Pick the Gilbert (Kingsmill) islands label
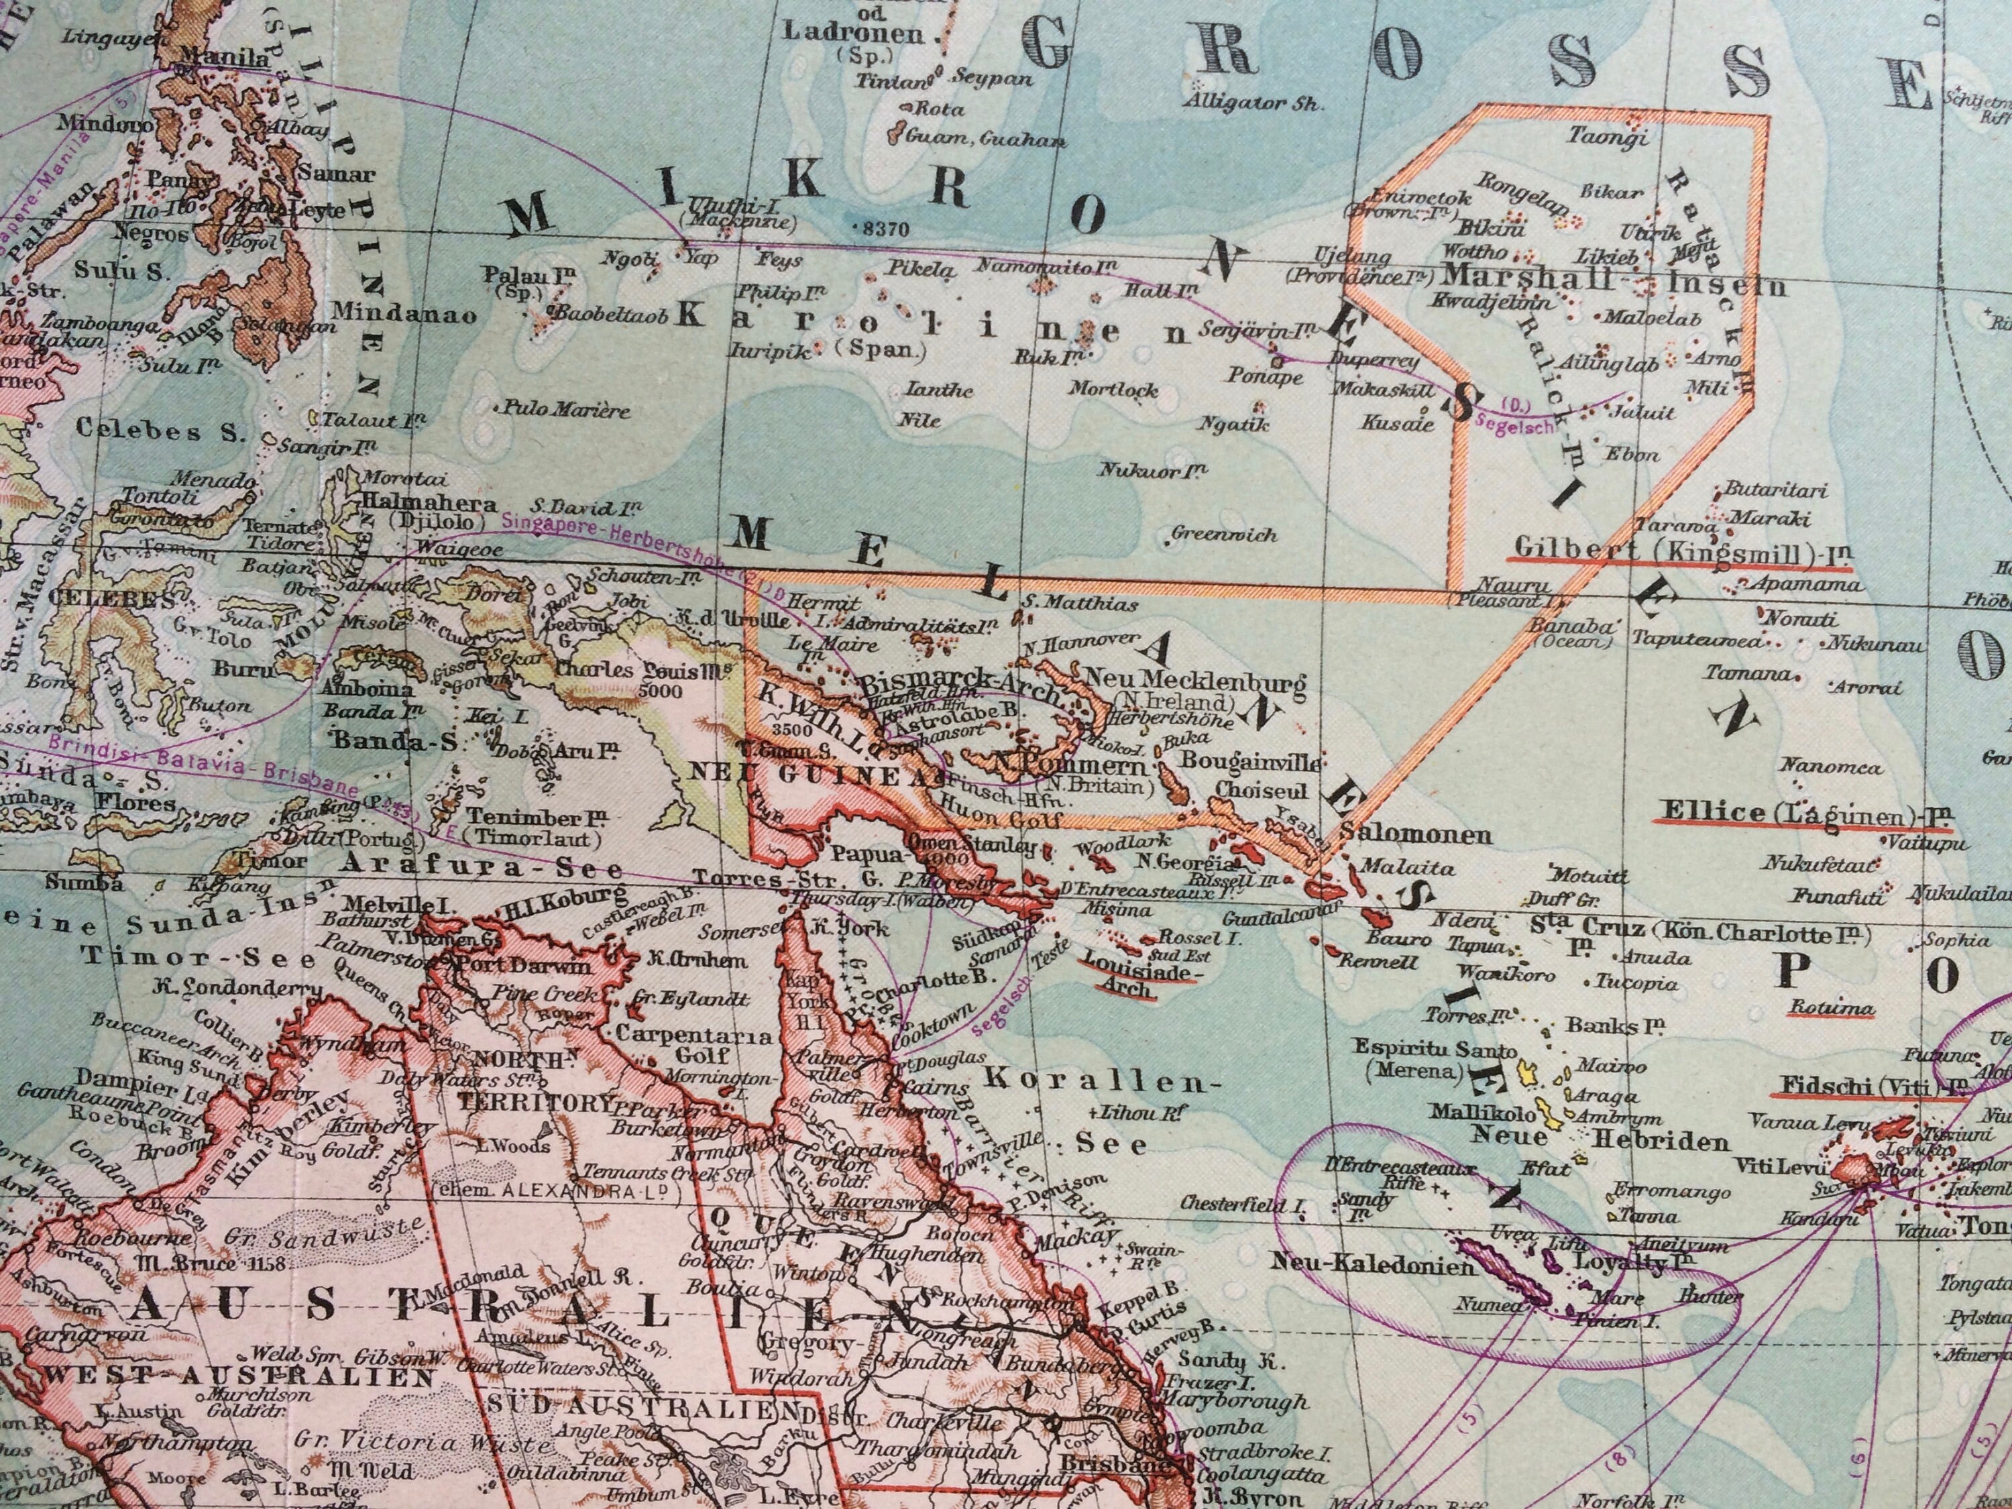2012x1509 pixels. tap(1678, 551)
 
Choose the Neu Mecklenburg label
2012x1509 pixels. tap(1194, 679)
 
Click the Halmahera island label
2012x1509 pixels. tap(429, 504)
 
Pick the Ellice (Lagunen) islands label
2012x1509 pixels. tap(1803, 812)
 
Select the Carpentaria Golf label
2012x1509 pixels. tap(693, 1044)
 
